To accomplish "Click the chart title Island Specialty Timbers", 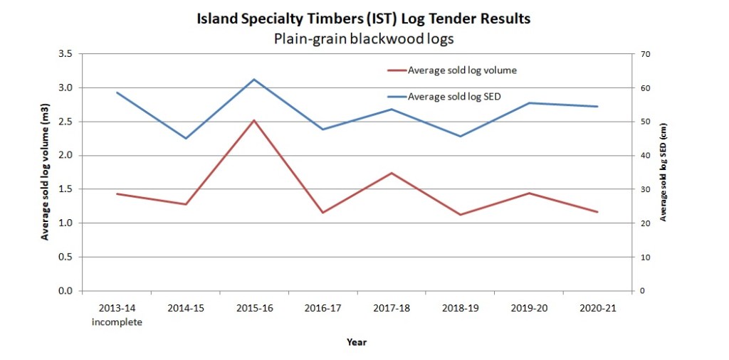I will pyautogui.click(x=364, y=19).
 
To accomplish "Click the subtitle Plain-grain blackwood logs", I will pyautogui.click(x=364, y=38).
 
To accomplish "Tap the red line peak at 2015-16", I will pyautogui.click(x=253, y=120).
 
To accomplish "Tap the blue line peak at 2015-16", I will pyautogui.click(x=253, y=79).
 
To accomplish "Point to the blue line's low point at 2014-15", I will pyautogui.click(x=186, y=138).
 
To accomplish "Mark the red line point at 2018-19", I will pyautogui.click(x=460, y=215).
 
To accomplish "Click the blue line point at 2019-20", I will pyautogui.click(x=529, y=103).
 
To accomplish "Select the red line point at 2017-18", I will pyautogui.click(x=391, y=173).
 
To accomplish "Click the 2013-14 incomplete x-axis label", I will pyautogui.click(x=117, y=316).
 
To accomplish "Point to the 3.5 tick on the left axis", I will pyautogui.click(x=65, y=54).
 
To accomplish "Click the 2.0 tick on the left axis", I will pyautogui.click(x=65, y=156).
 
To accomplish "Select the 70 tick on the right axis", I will pyautogui.click(x=647, y=54).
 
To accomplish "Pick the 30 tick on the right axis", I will pyautogui.click(x=647, y=189).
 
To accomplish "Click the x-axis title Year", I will pyautogui.click(x=357, y=342).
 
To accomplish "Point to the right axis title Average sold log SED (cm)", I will pyautogui.click(x=664, y=171).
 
